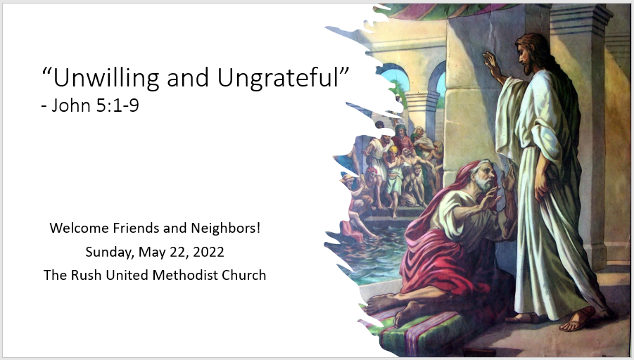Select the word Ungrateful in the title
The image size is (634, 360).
278,77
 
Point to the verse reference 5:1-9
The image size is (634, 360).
118,105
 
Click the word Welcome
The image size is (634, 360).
80,229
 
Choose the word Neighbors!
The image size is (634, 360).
226,229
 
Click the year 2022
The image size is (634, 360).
208,252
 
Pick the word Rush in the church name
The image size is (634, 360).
87,275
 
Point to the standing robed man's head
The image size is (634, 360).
531,53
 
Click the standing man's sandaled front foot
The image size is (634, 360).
577,320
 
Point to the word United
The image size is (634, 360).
127,275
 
